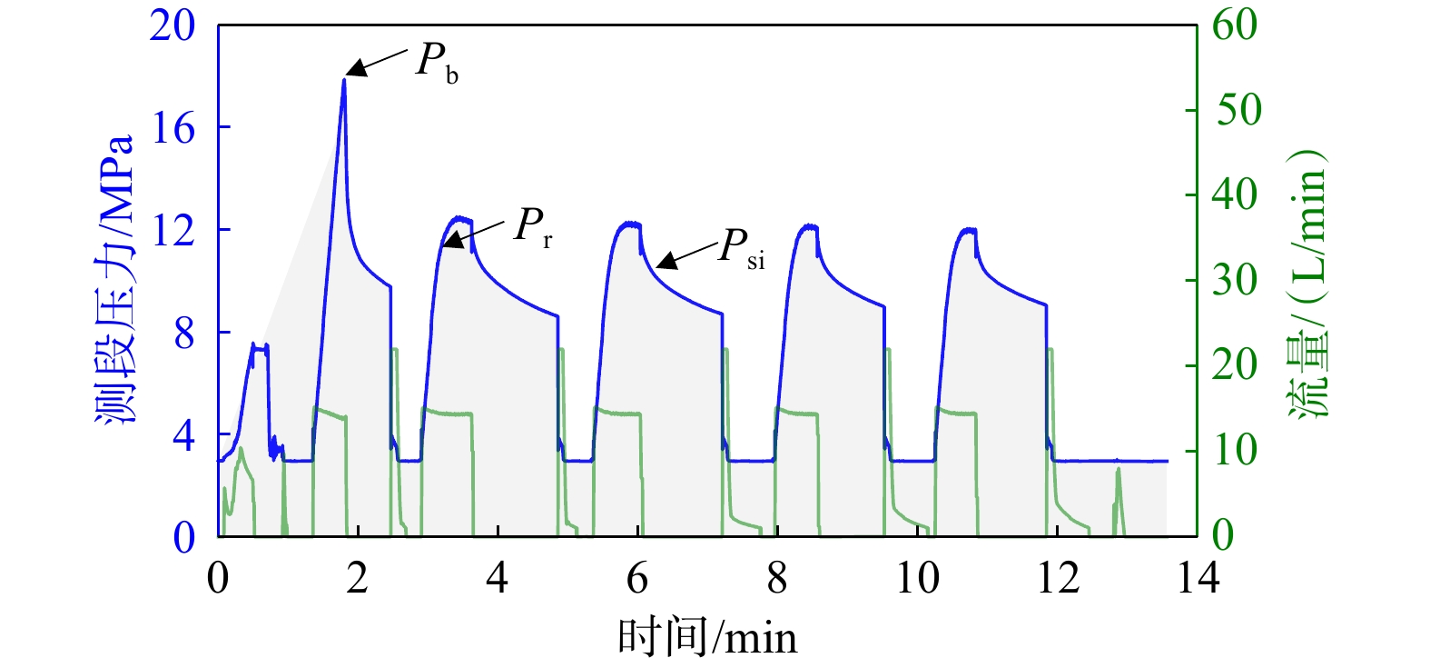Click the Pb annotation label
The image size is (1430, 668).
[437, 62]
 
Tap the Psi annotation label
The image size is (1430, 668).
[741, 247]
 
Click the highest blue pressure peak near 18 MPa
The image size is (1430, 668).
[344, 80]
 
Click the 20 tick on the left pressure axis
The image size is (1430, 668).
[173, 25]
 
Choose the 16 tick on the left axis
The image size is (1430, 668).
[173, 128]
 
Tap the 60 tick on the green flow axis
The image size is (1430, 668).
[1235, 25]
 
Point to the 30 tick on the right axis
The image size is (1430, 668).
[1235, 280]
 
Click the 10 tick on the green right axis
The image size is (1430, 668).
[1235, 450]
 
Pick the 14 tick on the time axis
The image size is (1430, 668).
[1198, 578]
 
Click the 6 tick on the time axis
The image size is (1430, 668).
[637, 578]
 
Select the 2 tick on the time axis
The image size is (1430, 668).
[357, 578]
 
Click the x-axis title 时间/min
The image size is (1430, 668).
[707, 637]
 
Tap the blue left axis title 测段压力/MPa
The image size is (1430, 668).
[115, 280]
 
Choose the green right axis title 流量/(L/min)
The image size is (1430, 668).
[1307, 282]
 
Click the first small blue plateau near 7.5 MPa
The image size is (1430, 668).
[259, 346]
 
